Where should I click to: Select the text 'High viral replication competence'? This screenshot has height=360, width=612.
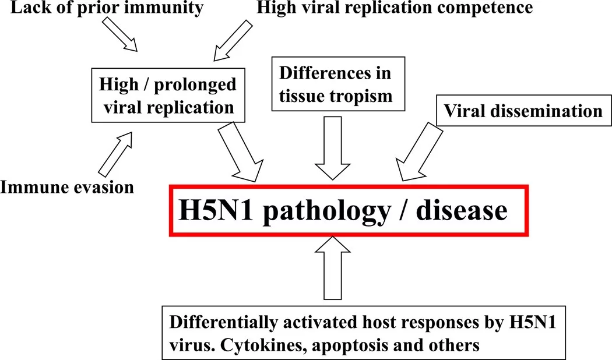click(x=394, y=8)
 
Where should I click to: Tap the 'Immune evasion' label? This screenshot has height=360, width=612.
click(x=67, y=186)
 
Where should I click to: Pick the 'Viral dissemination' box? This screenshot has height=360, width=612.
click(x=523, y=110)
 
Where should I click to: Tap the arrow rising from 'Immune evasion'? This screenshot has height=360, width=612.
click(x=117, y=153)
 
